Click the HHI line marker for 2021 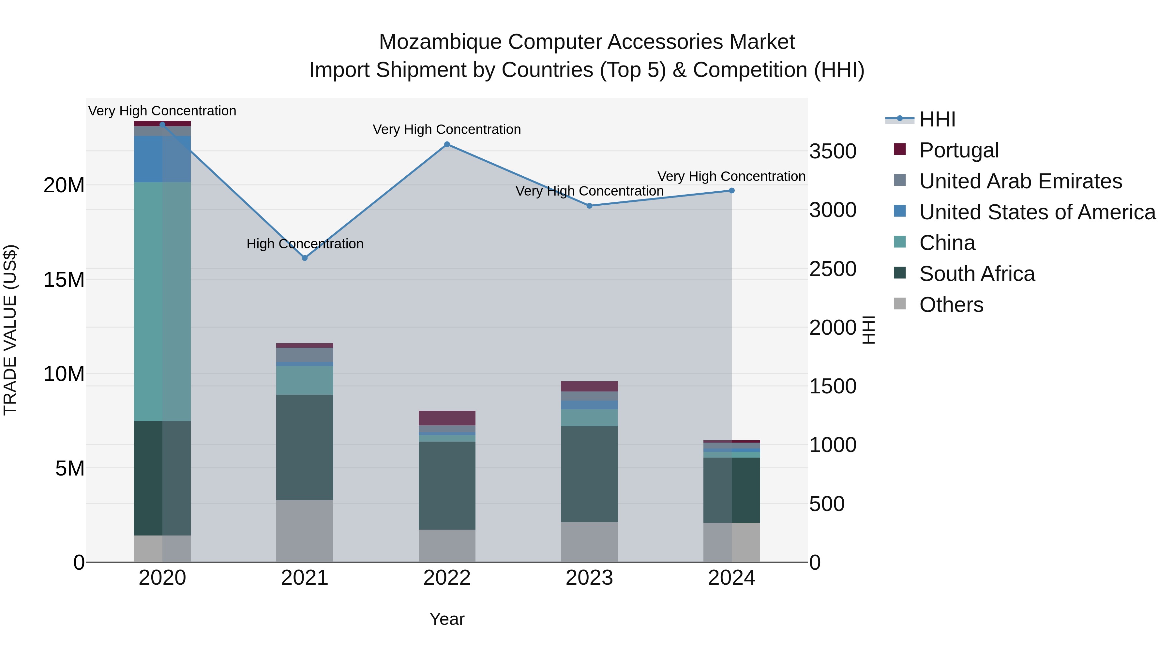pyautogui.click(x=305, y=258)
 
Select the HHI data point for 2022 pyautogui.click(x=447, y=144)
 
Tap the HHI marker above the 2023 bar pyautogui.click(x=589, y=206)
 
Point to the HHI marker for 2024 pyautogui.click(x=731, y=191)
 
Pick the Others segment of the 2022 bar pyautogui.click(x=447, y=545)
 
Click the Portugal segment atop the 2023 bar pyautogui.click(x=589, y=386)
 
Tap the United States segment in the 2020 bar pyautogui.click(x=162, y=159)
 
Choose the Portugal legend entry pyautogui.click(x=959, y=150)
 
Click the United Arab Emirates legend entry pyautogui.click(x=1020, y=181)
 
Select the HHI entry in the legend pyautogui.click(x=937, y=119)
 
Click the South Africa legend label pyautogui.click(x=977, y=274)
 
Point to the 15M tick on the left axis pyautogui.click(x=64, y=280)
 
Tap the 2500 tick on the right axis pyautogui.click(x=833, y=269)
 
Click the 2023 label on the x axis pyautogui.click(x=589, y=578)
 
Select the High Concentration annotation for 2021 pyautogui.click(x=305, y=244)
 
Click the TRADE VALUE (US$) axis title pyautogui.click(x=10, y=330)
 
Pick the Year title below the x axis pyautogui.click(x=447, y=619)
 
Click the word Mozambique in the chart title pyautogui.click(x=440, y=42)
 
